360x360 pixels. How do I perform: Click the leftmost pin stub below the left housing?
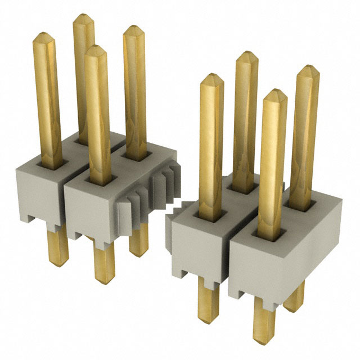[58, 247]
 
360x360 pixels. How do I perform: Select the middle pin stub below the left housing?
[103, 264]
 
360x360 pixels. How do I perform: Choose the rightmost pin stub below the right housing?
[294, 295]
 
